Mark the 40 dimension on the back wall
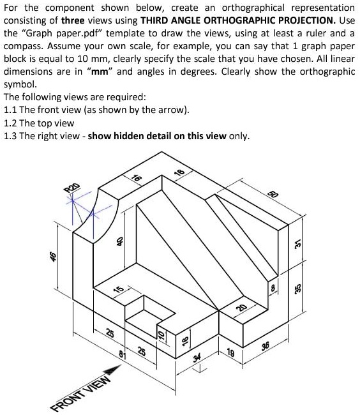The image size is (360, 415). pyautogui.click(x=119, y=241)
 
